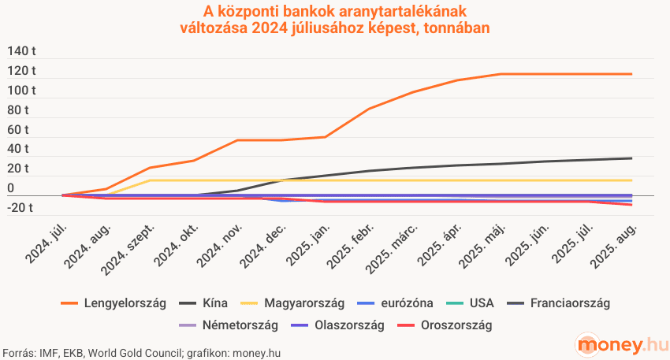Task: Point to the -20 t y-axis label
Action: [23, 208]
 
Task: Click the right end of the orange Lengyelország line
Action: [631, 74]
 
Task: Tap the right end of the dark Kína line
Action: [631, 158]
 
